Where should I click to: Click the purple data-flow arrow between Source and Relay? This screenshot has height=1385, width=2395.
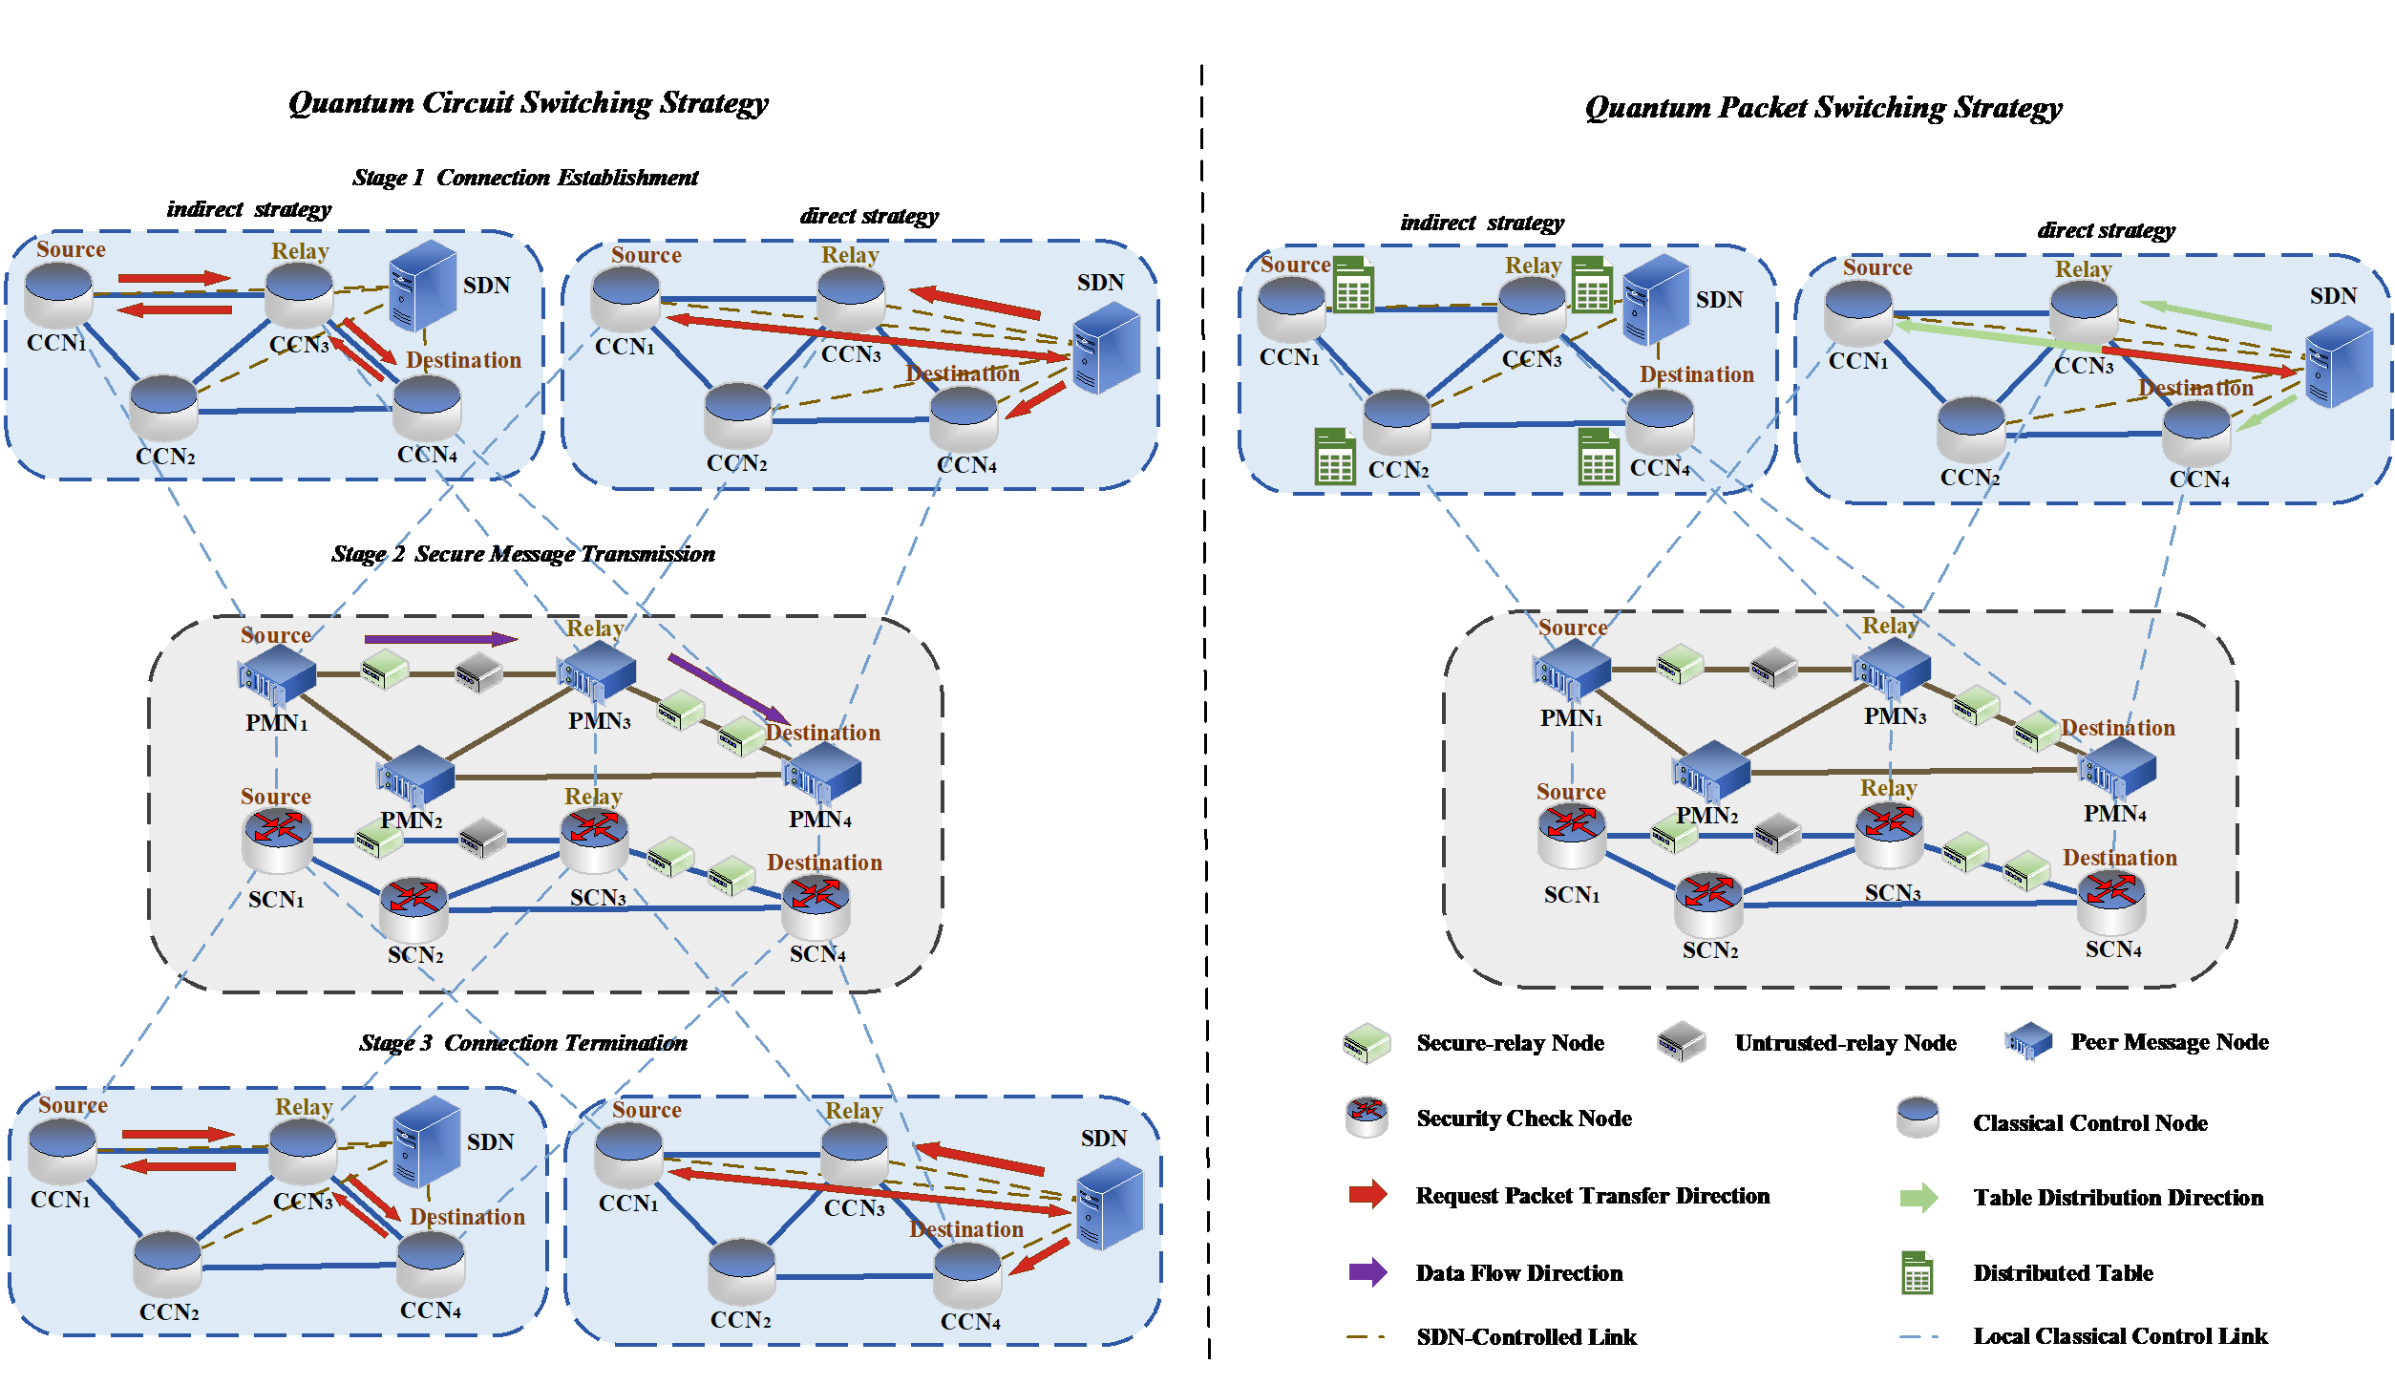coord(439,639)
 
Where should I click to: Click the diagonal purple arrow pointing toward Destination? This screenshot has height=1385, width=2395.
coord(728,689)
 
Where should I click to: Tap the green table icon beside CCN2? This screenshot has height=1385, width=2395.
coord(1334,458)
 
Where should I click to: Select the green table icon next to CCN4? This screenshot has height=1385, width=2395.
coord(1598,458)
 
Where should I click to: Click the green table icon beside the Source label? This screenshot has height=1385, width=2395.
coord(1353,285)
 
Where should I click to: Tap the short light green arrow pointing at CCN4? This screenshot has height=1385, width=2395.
coord(2265,414)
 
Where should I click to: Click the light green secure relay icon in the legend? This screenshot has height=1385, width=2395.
coord(1367,1043)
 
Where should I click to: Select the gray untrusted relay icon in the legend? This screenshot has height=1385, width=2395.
coord(1681,1042)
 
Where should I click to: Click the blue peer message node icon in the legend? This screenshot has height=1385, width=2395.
coord(2028,1042)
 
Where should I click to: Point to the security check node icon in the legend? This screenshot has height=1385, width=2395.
coord(1367,1117)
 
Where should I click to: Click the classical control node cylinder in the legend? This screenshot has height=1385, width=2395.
coord(1918,1118)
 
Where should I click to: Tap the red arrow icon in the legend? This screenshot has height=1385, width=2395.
coord(1367,1194)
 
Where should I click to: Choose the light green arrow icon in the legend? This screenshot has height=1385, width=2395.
coord(1918,1198)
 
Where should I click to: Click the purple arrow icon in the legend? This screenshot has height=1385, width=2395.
coord(1367,1272)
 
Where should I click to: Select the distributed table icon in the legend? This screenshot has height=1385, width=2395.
coord(1918,1273)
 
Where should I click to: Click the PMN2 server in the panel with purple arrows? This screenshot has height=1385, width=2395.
coord(415,776)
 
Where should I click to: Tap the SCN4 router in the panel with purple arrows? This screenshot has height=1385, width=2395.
coord(816,907)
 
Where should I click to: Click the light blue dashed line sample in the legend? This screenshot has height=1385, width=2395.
coord(1918,1336)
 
